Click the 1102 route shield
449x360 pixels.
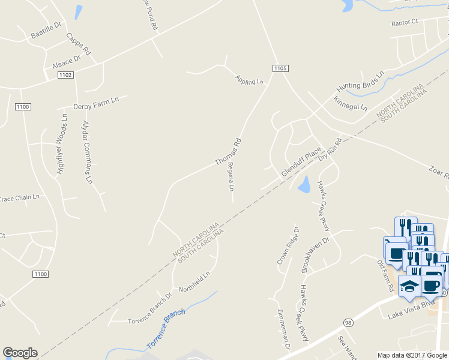65,75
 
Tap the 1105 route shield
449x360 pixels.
280,68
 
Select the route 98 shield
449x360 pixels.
348,323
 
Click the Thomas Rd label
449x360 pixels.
228,152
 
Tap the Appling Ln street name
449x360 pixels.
250,80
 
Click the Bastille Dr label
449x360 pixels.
46,31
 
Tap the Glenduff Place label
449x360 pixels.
301,163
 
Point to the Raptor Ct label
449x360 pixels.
404,22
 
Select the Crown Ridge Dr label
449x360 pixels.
288,245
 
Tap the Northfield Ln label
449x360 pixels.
197,279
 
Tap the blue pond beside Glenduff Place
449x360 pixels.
305,184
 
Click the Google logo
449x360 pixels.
20,353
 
